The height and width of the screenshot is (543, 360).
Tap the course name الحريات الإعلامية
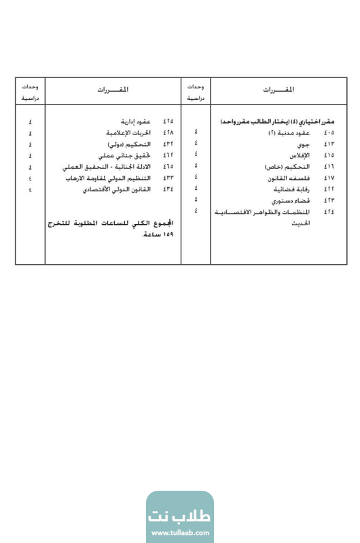click(133, 133)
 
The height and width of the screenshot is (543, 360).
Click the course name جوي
click(310, 144)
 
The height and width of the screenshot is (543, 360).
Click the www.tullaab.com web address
click(180, 533)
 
